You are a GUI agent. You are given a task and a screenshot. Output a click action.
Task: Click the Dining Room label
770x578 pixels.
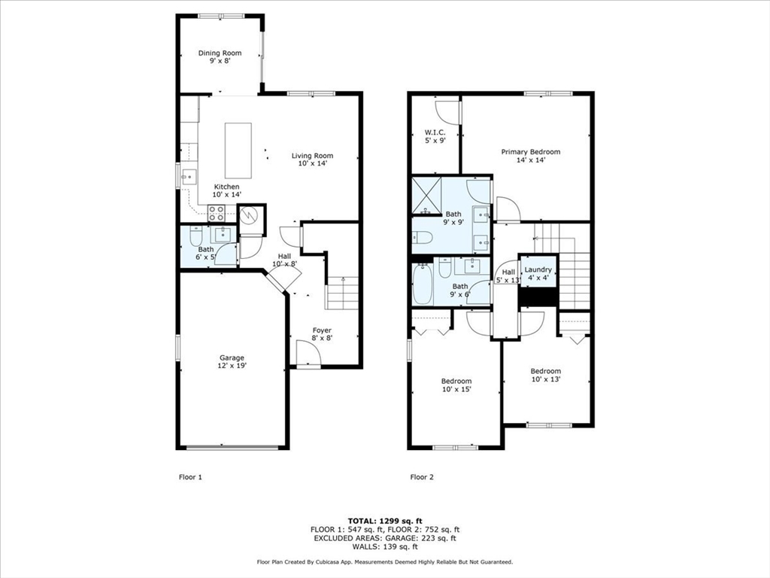coord(220,53)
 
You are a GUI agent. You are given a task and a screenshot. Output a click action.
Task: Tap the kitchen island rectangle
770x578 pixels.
coord(238,151)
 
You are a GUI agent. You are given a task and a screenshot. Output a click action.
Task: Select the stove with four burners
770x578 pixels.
coord(216,213)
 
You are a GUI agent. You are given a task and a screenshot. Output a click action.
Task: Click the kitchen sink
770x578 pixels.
coord(189,176)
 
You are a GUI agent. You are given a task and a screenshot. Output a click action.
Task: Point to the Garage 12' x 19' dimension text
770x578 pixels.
coord(232,366)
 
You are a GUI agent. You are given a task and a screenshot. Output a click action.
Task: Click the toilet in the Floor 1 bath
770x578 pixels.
coord(196,237)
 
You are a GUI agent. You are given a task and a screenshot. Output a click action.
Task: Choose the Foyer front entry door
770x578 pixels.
coord(308,354)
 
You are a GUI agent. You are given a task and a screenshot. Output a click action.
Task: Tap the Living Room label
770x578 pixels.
coord(312,156)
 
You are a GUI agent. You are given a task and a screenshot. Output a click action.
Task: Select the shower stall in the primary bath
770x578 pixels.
coord(427,196)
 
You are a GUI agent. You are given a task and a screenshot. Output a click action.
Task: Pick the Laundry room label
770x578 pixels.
coord(538,269)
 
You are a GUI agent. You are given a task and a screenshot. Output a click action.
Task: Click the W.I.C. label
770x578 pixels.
coord(435,132)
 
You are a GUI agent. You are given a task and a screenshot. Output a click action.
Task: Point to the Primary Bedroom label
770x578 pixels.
coord(530,152)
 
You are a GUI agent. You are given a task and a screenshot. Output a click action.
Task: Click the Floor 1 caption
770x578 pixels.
coord(190,476)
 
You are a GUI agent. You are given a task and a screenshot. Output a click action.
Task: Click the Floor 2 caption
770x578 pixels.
coord(422,476)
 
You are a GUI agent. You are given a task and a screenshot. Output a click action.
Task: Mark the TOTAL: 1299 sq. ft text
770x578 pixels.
coord(385,521)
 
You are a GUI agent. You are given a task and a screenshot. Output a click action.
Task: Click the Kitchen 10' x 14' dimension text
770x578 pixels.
coord(227,195)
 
